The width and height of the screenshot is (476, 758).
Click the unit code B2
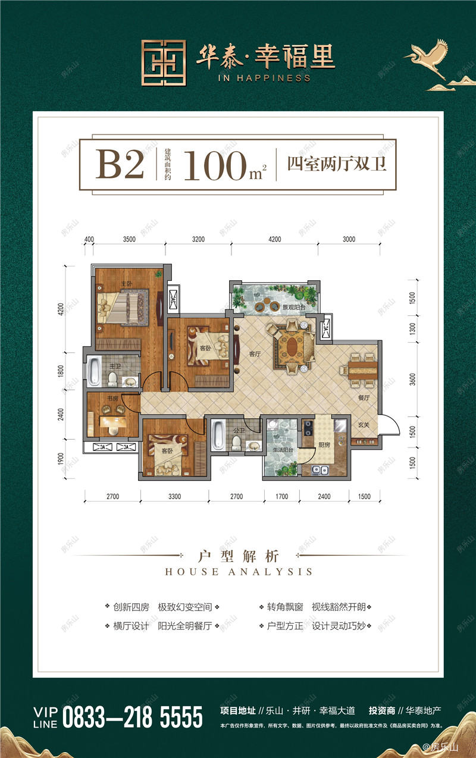point(120,164)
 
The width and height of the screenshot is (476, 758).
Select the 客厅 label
point(255,355)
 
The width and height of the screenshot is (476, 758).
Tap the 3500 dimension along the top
point(130,239)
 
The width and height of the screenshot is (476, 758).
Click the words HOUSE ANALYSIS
point(238,572)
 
